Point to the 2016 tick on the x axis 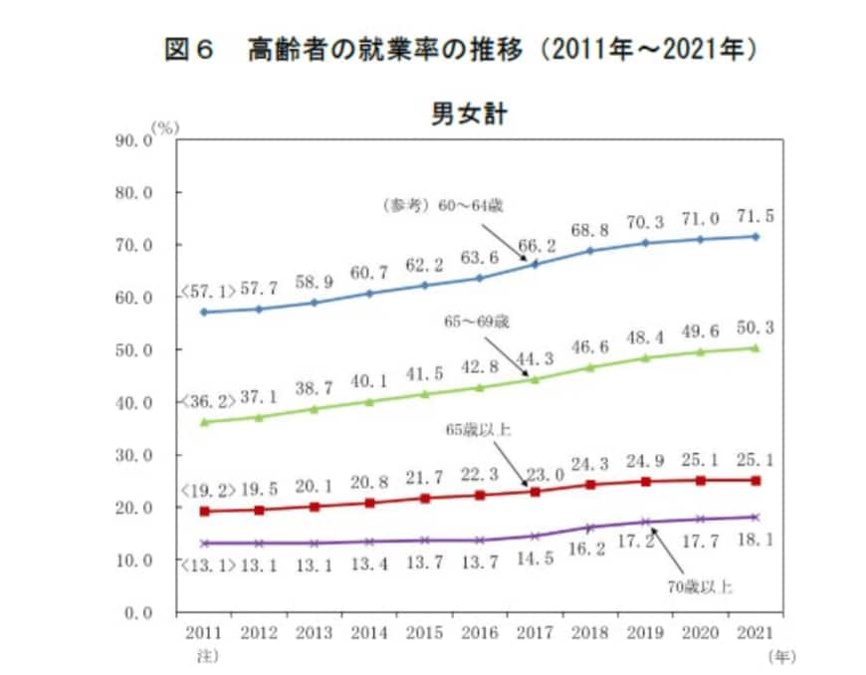480,632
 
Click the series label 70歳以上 700,586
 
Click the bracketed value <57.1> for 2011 207,293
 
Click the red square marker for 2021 755,480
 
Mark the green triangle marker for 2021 755,347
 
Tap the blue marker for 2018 589,250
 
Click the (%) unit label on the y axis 165,127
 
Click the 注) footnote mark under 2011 205,655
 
